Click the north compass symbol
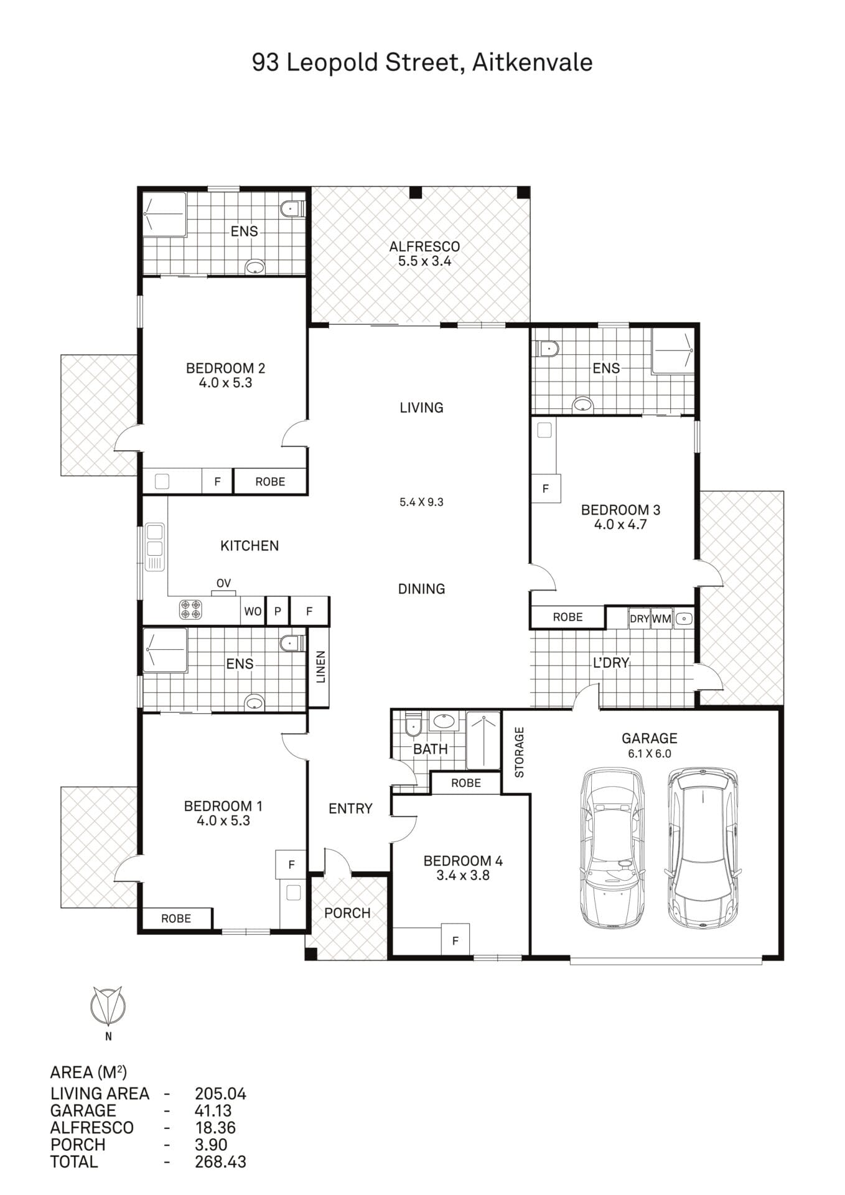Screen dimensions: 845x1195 tap(108, 1006)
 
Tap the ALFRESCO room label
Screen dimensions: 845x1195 tap(424, 246)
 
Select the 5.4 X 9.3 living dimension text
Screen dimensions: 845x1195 tap(421, 502)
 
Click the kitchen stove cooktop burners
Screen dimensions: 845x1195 tap(190, 609)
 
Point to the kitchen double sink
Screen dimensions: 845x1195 tap(154, 547)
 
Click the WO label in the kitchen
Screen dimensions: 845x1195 tap(253, 611)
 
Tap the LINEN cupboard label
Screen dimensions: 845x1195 tap(320, 667)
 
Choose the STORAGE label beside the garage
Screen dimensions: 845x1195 tap(519, 752)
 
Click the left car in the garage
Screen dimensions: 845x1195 tap(612, 848)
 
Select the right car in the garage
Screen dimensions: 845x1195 tap(703, 848)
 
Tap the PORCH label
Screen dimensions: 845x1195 tap(347, 913)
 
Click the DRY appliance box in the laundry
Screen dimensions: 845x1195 tap(639, 619)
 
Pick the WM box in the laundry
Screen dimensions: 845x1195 tap(661, 619)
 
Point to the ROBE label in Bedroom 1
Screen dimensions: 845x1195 tap(176, 919)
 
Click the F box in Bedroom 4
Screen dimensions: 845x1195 tap(455, 940)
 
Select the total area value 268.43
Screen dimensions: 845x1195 tap(220, 1161)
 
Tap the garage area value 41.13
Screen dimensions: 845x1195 tap(213, 1110)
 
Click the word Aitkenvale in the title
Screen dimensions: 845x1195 tap(532, 62)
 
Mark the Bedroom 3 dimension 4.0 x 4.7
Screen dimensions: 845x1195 tap(620, 525)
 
